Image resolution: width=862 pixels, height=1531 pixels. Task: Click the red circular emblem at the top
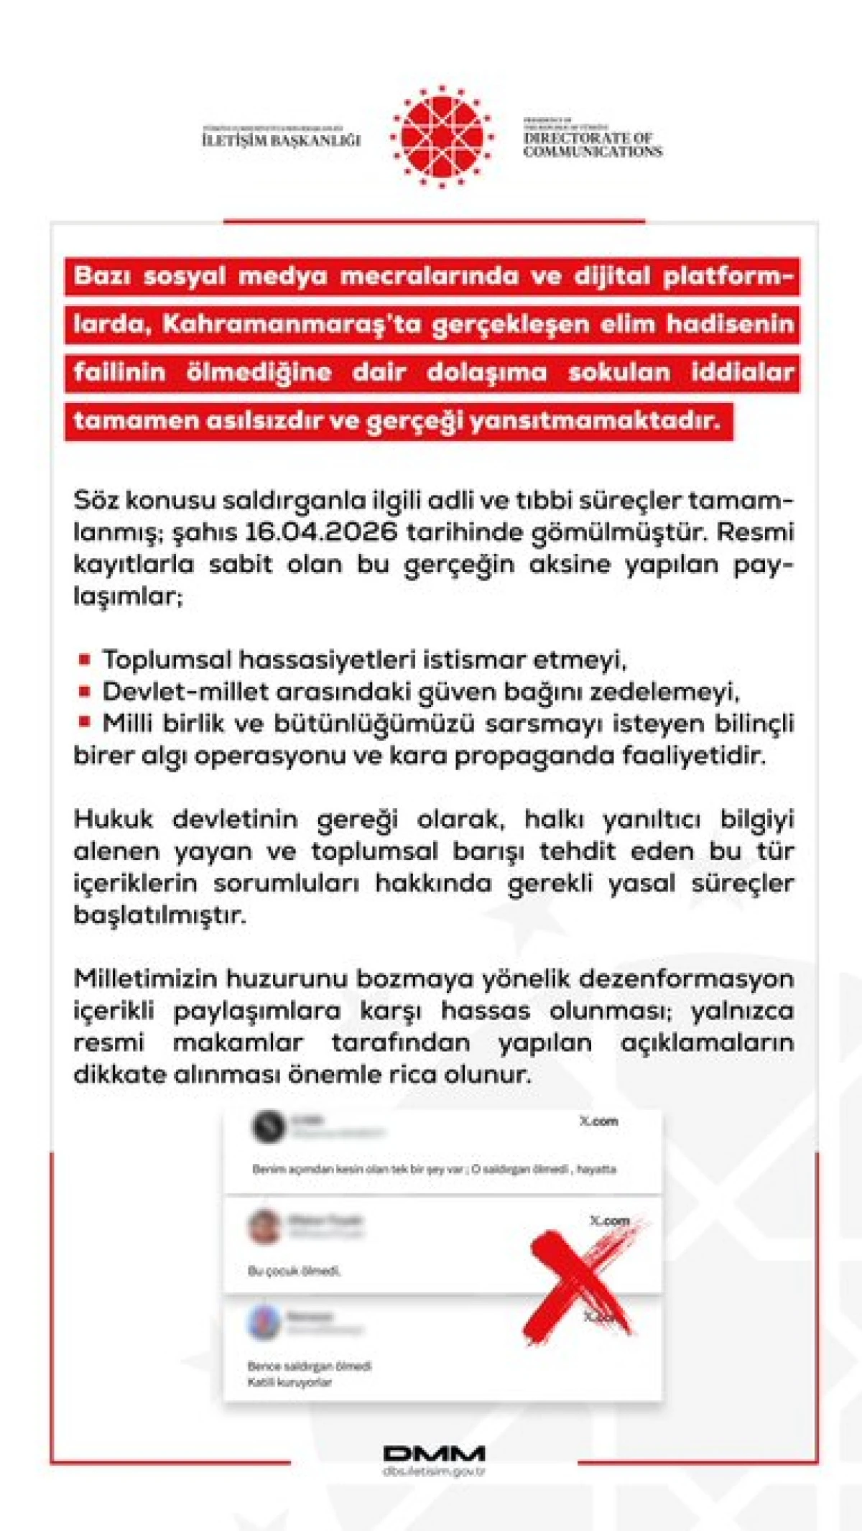(x=441, y=137)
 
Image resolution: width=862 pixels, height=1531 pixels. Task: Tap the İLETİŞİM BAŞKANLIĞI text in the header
(x=281, y=139)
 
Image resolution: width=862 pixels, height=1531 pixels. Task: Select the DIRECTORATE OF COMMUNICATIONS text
(x=593, y=144)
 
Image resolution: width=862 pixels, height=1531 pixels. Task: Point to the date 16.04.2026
(x=321, y=532)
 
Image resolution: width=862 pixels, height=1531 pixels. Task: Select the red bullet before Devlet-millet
(x=85, y=691)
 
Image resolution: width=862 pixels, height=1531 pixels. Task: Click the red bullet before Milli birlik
(x=85, y=722)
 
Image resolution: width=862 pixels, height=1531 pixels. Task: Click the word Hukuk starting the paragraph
(x=113, y=819)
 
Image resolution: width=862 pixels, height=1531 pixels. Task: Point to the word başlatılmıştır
(x=159, y=915)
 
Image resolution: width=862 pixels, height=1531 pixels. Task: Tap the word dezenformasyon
(x=686, y=979)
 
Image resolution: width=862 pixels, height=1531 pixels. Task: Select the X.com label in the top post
(x=598, y=1121)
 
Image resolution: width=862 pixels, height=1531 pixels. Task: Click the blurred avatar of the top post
(x=269, y=1126)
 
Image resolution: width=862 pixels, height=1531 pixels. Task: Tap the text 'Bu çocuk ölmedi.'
(x=295, y=1271)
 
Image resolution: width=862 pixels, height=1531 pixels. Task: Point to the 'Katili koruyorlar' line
(x=289, y=1382)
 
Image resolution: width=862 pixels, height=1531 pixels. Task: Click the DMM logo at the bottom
(x=434, y=1453)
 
